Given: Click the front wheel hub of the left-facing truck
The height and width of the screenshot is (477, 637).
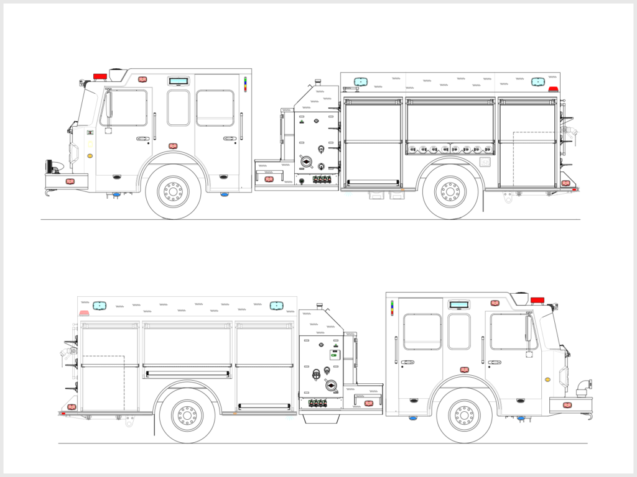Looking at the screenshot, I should click(x=174, y=191).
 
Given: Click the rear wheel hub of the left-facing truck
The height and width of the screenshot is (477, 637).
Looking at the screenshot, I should click(x=450, y=191).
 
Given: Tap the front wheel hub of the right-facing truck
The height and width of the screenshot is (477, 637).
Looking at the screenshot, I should click(x=465, y=415).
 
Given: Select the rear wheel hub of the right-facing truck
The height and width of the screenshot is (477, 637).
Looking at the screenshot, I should click(x=187, y=415).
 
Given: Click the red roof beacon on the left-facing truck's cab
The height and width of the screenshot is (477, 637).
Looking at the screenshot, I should click(x=100, y=76).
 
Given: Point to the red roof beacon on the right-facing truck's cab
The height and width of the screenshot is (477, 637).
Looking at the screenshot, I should click(x=537, y=300).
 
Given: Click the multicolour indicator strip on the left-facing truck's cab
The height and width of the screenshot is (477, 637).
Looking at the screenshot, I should click(x=245, y=84).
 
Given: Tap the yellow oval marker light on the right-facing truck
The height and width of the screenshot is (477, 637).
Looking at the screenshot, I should click(x=547, y=379).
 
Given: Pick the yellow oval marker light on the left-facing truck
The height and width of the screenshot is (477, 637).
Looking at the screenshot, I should click(x=90, y=155).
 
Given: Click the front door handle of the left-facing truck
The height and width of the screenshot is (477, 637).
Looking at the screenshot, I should click(x=143, y=139).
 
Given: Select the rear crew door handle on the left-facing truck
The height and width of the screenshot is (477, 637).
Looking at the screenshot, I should click(x=230, y=139).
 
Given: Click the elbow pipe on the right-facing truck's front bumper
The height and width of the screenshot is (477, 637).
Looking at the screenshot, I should click(x=583, y=388).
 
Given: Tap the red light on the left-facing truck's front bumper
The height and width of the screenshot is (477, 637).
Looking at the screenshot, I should click(x=70, y=181).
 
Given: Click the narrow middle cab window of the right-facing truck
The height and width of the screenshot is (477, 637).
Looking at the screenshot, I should click(x=459, y=331).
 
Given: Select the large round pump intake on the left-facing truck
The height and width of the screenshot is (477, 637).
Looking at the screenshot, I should click(x=306, y=161).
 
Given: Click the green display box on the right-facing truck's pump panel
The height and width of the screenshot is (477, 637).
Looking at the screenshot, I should click(x=335, y=355).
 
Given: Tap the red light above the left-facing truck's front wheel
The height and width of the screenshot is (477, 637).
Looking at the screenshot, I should click(x=173, y=146).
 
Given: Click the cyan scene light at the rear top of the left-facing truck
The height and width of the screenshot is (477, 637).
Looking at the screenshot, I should click(x=537, y=81).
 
